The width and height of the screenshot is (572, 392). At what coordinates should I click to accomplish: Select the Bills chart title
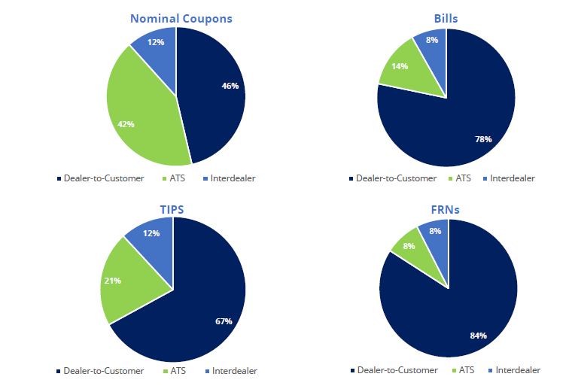pos(446,18)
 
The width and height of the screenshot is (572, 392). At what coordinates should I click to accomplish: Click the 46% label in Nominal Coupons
pos(230,86)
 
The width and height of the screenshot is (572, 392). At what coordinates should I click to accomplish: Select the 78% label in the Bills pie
pos(482,139)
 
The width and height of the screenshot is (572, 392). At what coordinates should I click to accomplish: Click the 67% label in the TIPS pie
pos(223,321)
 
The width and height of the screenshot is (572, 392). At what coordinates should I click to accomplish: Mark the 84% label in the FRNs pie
pos(479,335)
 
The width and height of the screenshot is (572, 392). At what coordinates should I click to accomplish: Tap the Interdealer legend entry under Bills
pos(513,178)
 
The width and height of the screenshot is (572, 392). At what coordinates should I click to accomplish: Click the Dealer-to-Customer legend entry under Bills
pos(392,178)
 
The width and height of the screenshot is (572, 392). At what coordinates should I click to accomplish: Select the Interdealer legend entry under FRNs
pos(514,370)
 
